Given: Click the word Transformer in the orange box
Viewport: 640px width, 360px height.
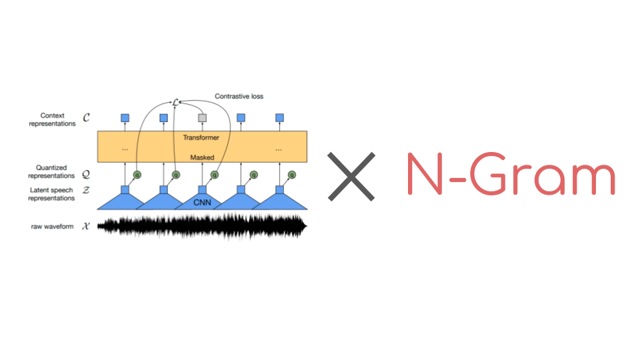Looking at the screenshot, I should (x=201, y=137).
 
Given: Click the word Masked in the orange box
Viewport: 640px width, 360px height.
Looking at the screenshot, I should (x=202, y=158).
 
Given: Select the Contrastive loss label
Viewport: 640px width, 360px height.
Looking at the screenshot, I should (x=239, y=96).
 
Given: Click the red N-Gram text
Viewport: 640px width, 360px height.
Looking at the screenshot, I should (x=511, y=175).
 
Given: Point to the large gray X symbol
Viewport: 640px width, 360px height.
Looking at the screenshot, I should (x=351, y=176).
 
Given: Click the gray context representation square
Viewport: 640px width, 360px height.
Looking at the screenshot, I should (x=203, y=118).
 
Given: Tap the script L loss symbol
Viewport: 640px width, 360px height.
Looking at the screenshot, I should (x=175, y=102).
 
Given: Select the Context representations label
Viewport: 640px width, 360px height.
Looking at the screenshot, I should (x=52, y=120).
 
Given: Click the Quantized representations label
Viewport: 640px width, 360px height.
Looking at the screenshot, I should (x=51, y=172).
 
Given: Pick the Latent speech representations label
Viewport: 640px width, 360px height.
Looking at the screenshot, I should (x=51, y=194).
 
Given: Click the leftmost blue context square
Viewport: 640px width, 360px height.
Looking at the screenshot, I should (x=125, y=118).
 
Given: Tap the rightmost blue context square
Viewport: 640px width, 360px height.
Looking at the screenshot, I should (x=280, y=118).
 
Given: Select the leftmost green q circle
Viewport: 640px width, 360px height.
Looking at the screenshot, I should (x=137, y=175).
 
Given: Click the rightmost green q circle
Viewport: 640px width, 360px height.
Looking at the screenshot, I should (x=292, y=175).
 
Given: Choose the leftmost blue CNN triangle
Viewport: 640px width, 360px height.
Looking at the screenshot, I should (x=125, y=201).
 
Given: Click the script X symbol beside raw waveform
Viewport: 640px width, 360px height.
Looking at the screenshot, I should (x=85, y=227).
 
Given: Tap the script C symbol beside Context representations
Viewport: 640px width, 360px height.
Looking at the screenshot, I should (x=85, y=119).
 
